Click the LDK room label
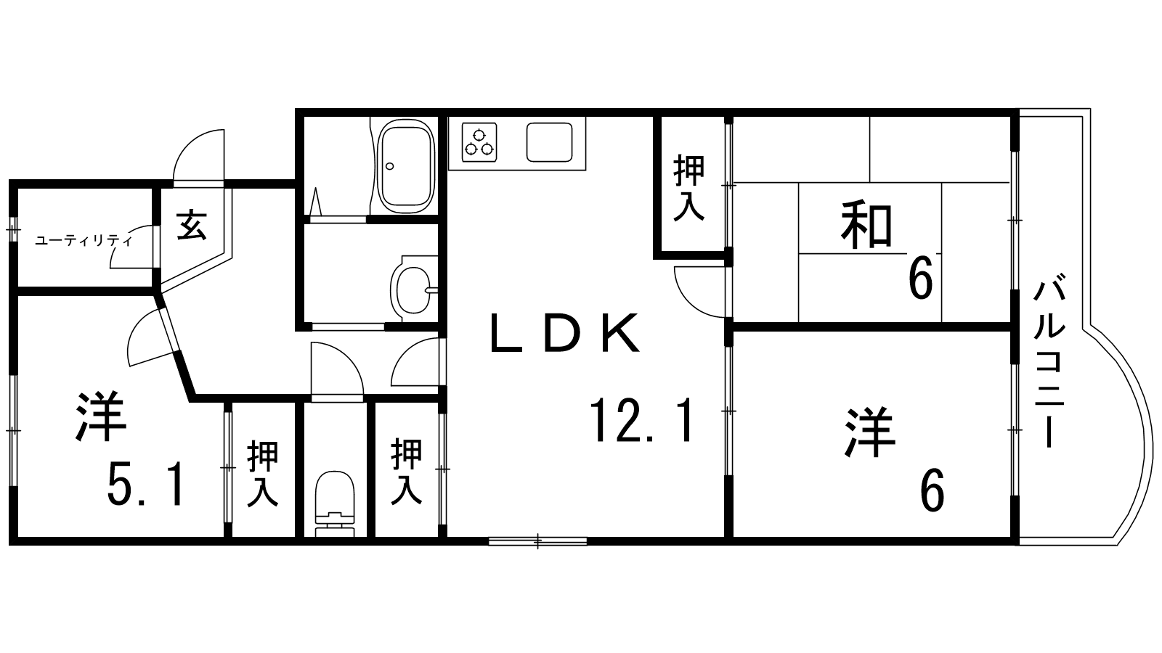(565, 334)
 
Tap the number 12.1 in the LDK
(643, 421)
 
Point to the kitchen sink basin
(556, 141)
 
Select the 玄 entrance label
(192, 224)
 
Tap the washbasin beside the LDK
(413, 288)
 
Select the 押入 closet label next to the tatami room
(688, 188)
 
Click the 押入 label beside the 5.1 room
(262, 474)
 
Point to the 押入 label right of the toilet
(407, 472)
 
